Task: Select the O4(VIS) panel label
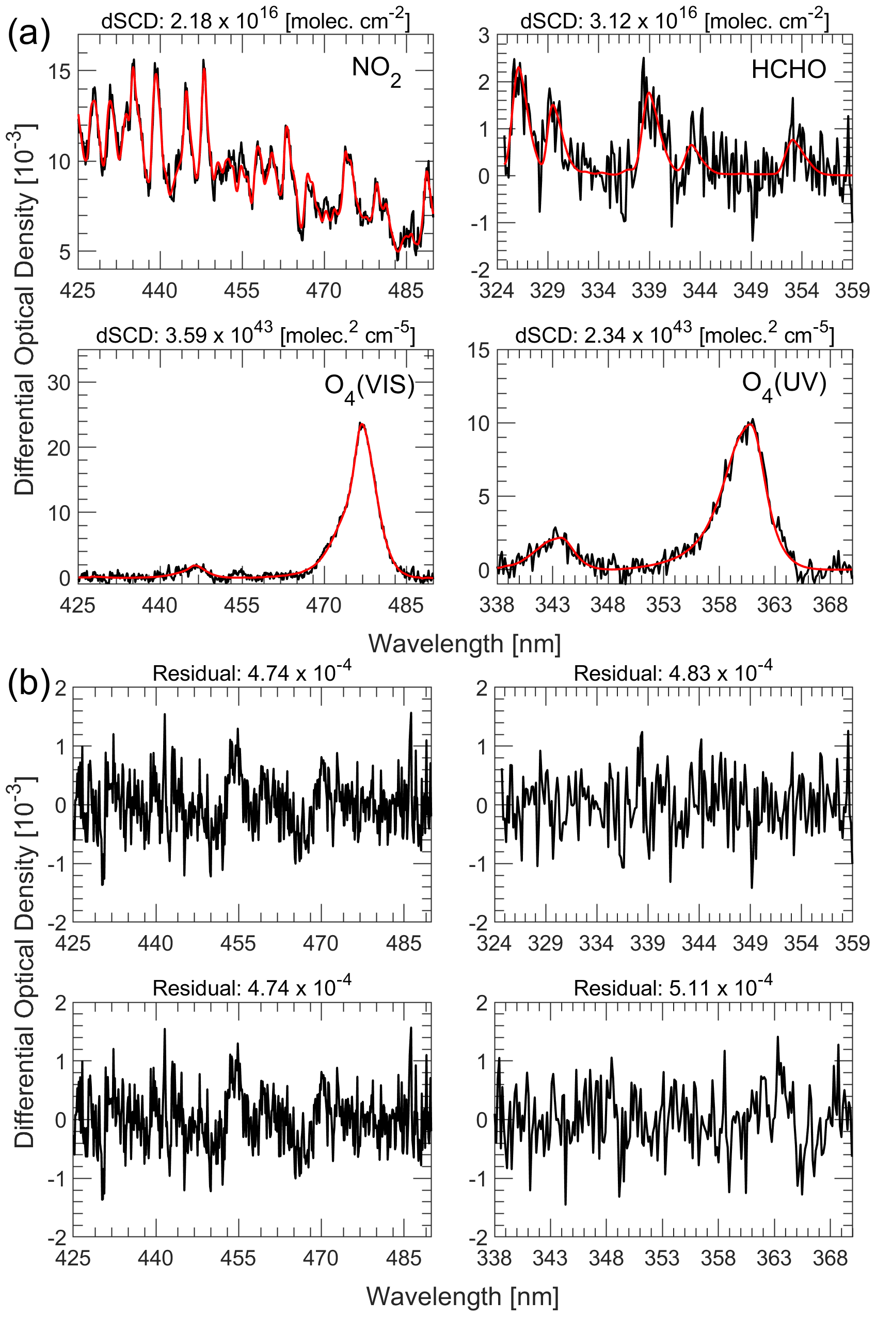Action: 369,387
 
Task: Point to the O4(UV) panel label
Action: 783,386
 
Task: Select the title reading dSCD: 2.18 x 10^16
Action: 256,21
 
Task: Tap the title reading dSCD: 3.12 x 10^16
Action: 674,21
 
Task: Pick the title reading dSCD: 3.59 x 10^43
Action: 256,335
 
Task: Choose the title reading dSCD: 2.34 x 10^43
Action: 674,335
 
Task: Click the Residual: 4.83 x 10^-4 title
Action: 673,673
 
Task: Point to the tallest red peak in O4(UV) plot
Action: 748,425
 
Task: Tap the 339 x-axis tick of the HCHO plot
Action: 649,291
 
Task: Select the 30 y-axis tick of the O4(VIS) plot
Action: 59,382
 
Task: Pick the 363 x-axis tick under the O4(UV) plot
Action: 774,605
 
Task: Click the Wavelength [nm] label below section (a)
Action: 464,644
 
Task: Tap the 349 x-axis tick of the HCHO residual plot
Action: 750,943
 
